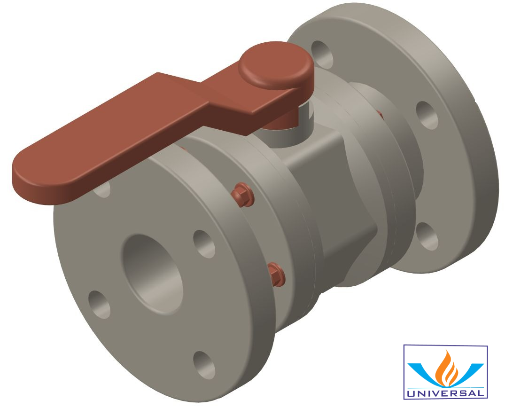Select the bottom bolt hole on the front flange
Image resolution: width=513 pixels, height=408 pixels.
coord(204,365)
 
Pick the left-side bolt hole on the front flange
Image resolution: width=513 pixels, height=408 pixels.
coord(99,304)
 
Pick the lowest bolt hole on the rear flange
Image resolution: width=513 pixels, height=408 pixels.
coord(427,236)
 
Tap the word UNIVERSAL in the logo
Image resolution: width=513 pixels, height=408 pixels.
coord(445,393)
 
